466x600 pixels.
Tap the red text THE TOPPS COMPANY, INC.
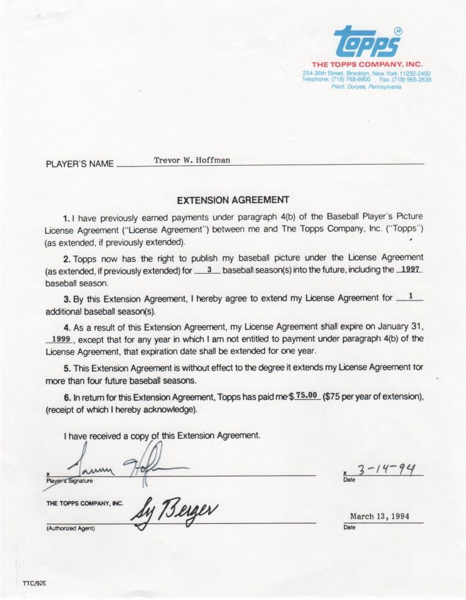tap(368, 64)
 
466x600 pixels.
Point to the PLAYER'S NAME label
tap(80, 164)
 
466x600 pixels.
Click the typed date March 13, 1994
tap(379, 516)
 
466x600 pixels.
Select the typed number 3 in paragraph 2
tap(209, 270)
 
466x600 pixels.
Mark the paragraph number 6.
tap(67, 397)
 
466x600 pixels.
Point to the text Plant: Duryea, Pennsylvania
tap(366, 86)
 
